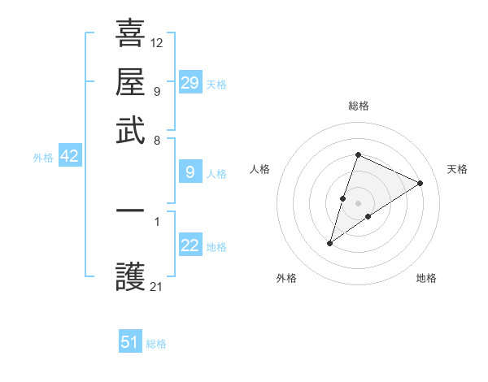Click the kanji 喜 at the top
click(x=131, y=34)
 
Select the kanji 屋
click(x=131, y=82)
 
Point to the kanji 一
click(x=131, y=211)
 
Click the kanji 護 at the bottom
click(x=131, y=278)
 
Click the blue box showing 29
click(x=190, y=83)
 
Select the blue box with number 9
click(x=190, y=171)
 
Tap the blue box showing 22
click(x=190, y=245)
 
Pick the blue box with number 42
click(x=69, y=157)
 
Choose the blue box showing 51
click(x=130, y=342)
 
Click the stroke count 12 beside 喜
click(x=157, y=42)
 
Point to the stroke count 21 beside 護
click(x=157, y=286)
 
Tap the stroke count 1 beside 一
click(x=157, y=219)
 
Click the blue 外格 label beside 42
click(x=43, y=158)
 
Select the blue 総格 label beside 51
click(x=156, y=344)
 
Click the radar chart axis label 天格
click(x=457, y=169)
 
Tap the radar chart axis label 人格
click(x=259, y=169)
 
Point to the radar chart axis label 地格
click(x=426, y=278)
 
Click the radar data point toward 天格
click(x=420, y=183)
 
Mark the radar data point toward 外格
click(x=330, y=243)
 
